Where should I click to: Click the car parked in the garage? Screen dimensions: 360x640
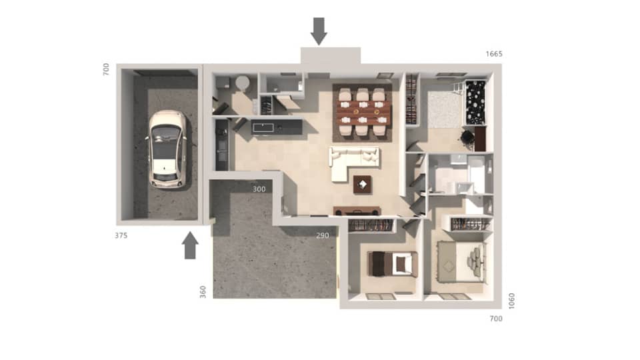click(x=167, y=148)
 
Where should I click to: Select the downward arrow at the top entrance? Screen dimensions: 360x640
click(x=319, y=31)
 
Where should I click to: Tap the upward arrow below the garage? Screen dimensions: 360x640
click(x=190, y=245)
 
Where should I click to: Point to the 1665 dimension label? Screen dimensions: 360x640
click(x=494, y=53)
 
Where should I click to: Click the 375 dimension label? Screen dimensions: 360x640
click(x=121, y=235)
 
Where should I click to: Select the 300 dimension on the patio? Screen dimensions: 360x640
click(x=259, y=189)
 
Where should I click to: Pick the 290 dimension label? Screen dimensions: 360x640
click(x=323, y=235)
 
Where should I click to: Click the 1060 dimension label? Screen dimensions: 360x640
click(x=511, y=301)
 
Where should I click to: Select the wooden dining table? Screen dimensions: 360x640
click(x=361, y=112)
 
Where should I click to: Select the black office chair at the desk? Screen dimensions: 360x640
click(x=467, y=137)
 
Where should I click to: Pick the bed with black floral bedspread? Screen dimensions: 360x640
click(x=476, y=102)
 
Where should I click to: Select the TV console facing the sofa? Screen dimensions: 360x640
click(x=357, y=211)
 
